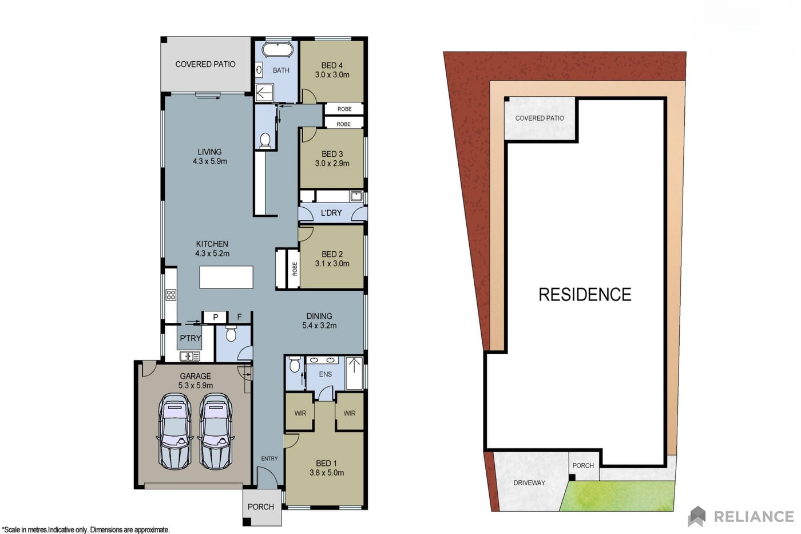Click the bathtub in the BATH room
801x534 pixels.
(277, 49)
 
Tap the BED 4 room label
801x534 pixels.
(332, 65)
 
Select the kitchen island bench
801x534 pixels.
(227, 277)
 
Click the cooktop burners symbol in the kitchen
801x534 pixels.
(171, 295)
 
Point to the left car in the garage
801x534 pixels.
(175, 431)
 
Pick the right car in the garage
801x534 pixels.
(216, 431)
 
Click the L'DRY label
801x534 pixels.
(331, 213)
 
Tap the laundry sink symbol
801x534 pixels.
(356, 196)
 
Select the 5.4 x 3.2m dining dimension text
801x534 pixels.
(319, 326)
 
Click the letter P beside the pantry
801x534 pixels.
(215, 317)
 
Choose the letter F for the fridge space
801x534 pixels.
(240, 317)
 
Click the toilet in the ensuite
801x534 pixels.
(294, 365)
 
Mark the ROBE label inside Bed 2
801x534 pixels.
(295, 268)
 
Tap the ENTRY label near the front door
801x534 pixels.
(269, 458)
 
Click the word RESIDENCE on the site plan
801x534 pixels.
(585, 294)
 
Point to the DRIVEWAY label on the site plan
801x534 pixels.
(529, 483)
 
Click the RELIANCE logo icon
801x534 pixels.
(697, 516)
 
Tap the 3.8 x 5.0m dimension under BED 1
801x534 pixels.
(327, 473)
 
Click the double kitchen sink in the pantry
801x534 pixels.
(190, 356)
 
